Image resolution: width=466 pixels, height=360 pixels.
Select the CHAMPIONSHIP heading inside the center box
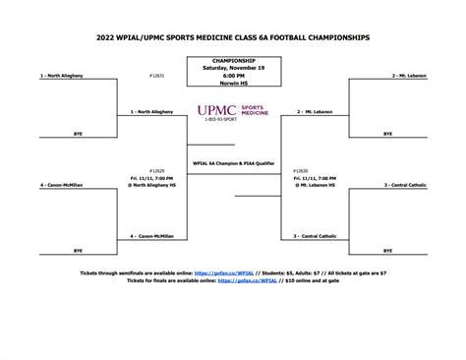[233, 61]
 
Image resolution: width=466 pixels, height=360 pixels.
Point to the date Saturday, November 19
[233, 68]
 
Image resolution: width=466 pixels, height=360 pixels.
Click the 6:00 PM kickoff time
[233, 76]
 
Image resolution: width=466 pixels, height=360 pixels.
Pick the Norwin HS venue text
[233, 83]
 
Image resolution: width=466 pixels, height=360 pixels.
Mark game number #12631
[155, 75]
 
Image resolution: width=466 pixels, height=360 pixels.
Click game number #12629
[155, 169]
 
